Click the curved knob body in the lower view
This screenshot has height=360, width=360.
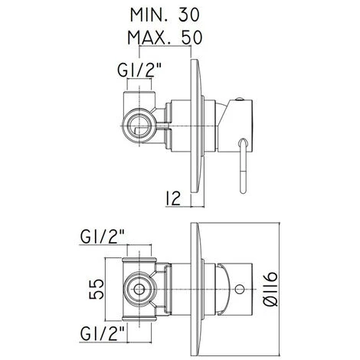pos(230,289)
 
